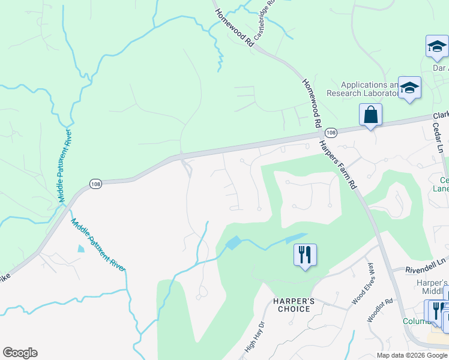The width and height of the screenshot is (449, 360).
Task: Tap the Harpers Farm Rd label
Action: pyautogui.click(x=338, y=164)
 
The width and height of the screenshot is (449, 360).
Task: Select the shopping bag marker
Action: pyautogui.click(x=370, y=114)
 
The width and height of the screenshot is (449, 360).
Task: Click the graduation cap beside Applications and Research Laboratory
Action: pyautogui.click(x=409, y=88)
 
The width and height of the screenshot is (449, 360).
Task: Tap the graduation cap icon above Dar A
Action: pyautogui.click(x=437, y=47)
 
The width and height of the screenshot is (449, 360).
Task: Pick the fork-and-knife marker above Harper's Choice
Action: pyautogui.click(x=305, y=255)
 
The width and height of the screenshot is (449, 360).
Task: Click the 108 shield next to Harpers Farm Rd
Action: pyautogui.click(x=331, y=132)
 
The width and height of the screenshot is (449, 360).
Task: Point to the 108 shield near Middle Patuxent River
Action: pyautogui.click(x=95, y=184)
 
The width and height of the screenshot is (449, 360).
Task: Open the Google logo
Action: pyautogui.click(x=20, y=353)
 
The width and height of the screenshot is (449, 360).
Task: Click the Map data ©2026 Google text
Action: pyautogui.click(x=412, y=355)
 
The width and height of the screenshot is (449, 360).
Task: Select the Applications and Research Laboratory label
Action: pyautogui.click(x=364, y=89)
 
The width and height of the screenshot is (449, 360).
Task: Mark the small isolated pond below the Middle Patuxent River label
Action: pyautogui.click(x=81, y=248)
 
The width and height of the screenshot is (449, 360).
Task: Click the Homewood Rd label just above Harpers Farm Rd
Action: pyautogui.click(x=310, y=101)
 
